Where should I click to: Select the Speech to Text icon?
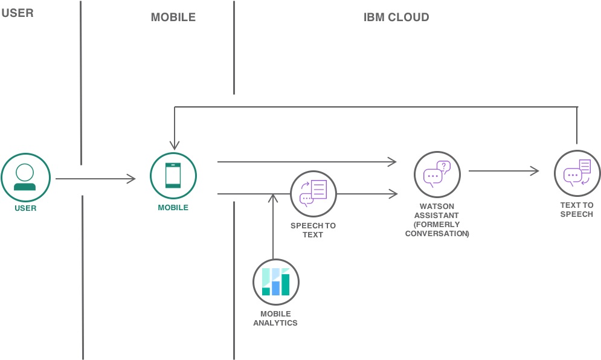pyautogui.click(x=313, y=194)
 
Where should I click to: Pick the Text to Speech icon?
pyautogui.click(x=577, y=173)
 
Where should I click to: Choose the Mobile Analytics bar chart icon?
pyautogui.click(x=276, y=282)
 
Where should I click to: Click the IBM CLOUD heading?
pyautogui.click(x=396, y=18)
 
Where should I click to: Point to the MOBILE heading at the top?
pyautogui.click(x=173, y=18)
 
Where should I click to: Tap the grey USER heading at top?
pyautogui.click(x=18, y=13)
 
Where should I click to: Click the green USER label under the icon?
pyautogui.click(x=26, y=208)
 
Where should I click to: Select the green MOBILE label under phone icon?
pyautogui.click(x=173, y=207)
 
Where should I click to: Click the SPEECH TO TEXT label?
pyautogui.click(x=313, y=230)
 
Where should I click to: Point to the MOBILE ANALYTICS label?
pyautogui.click(x=275, y=318)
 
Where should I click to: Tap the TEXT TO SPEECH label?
pyautogui.click(x=577, y=210)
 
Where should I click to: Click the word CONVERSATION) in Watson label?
pyautogui.click(x=437, y=234)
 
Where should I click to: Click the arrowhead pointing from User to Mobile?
pyautogui.click(x=132, y=179)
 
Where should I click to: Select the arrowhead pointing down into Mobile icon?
pyautogui.click(x=175, y=146)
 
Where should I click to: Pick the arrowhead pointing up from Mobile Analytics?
pyautogui.click(x=273, y=198)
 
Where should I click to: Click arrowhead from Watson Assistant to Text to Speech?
pyautogui.click(x=535, y=171)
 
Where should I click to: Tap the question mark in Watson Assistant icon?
pyautogui.click(x=444, y=166)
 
